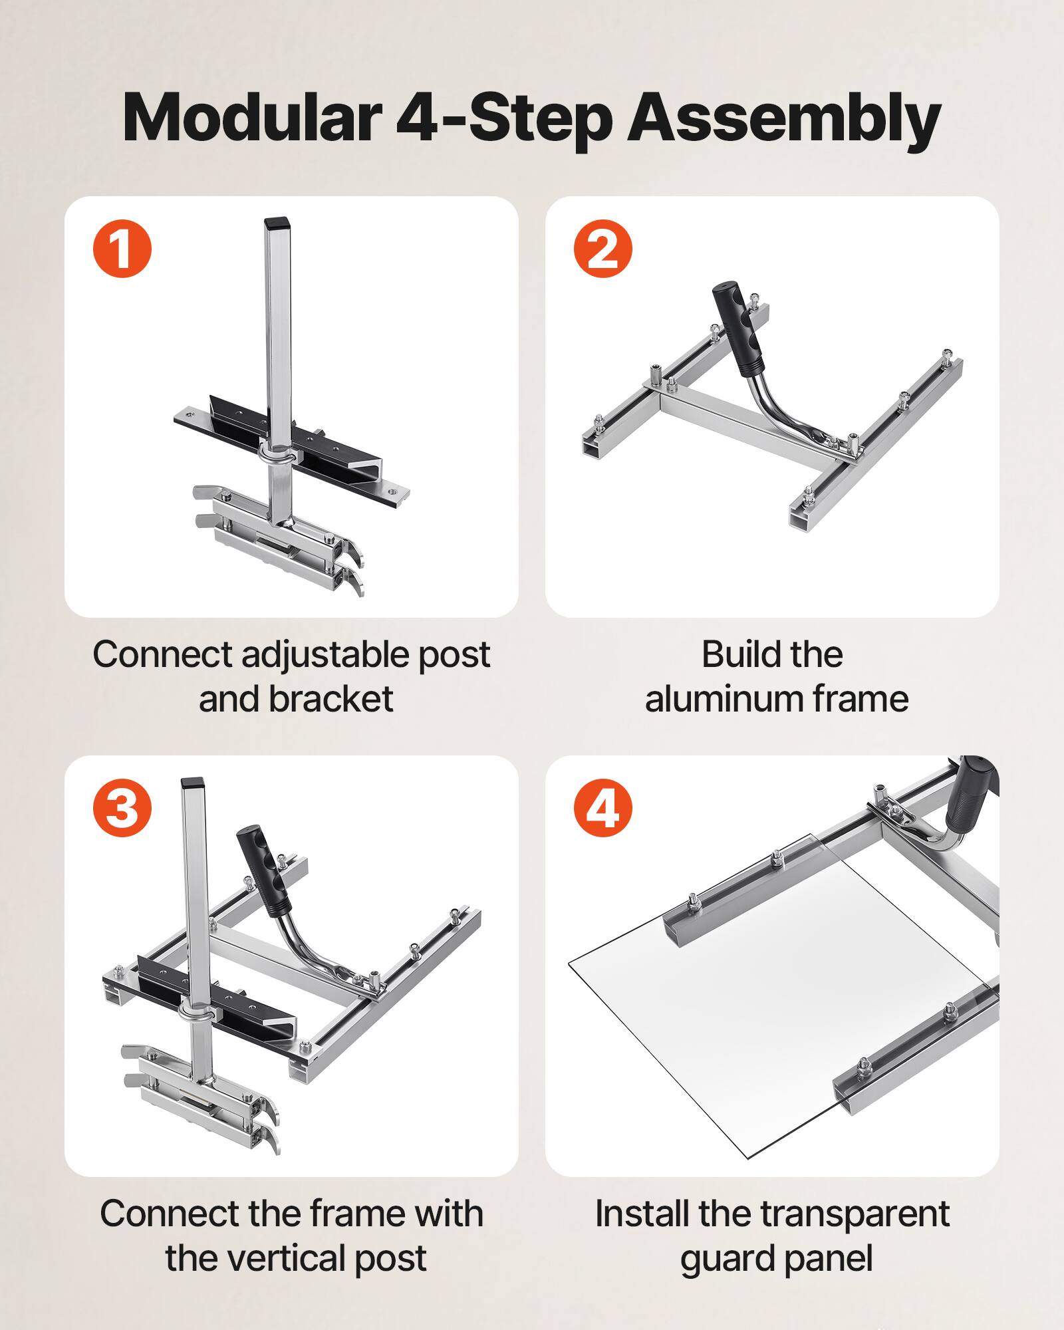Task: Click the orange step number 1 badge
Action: point(122,249)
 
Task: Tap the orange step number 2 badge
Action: point(603,249)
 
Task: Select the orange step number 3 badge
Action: point(122,809)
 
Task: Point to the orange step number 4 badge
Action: point(603,809)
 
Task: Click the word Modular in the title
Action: point(250,118)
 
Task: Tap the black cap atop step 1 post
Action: point(274,223)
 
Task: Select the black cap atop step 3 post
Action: point(192,783)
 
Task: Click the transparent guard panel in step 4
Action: point(765,1017)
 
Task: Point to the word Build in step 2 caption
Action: point(736,654)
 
